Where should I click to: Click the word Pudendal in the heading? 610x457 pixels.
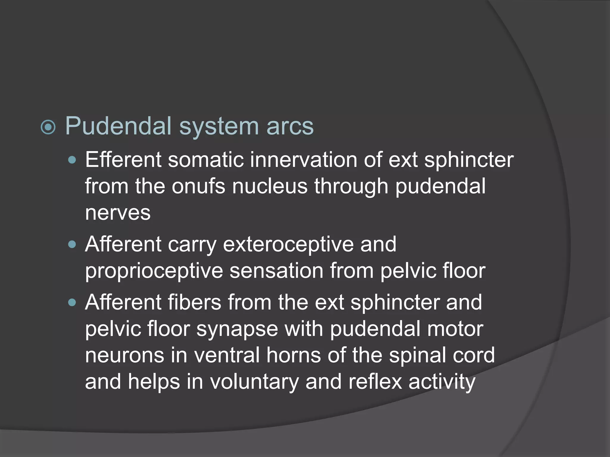pos(118,126)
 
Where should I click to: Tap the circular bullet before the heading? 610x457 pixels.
pos(48,127)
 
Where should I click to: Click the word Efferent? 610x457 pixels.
pos(123,160)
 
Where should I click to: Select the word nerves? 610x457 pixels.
pos(118,213)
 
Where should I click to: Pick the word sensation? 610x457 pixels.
pos(276,271)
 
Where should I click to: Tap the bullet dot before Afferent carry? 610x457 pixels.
pos(72,245)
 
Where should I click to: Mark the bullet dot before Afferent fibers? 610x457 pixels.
pos(72,303)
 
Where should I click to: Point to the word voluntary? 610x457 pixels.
pos(254,382)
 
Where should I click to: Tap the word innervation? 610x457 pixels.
pos(303,160)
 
